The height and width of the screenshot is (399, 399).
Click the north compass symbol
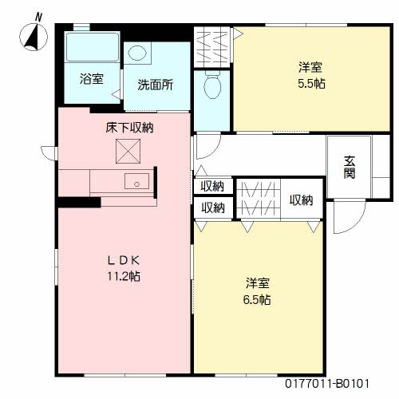[x=34, y=37]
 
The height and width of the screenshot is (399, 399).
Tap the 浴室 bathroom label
[x=92, y=79]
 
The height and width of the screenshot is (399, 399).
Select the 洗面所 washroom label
[x=156, y=85]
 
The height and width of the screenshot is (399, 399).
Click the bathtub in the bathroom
[x=93, y=47]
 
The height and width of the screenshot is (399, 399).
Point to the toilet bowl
[x=212, y=84]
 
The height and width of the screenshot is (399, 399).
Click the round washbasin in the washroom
[x=137, y=53]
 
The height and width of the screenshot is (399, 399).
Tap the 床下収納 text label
[x=129, y=128]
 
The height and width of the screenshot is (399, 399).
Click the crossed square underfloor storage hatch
[x=128, y=151]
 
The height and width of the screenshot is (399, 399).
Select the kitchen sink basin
[x=136, y=181]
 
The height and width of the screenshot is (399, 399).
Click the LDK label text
[x=124, y=260]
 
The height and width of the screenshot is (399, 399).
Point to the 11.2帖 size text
[x=124, y=276]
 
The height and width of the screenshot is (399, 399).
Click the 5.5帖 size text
[x=311, y=84]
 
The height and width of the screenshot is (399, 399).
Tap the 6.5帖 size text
[x=257, y=300]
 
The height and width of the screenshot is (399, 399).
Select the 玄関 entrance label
[x=350, y=167]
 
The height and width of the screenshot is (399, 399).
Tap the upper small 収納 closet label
[x=212, y=186]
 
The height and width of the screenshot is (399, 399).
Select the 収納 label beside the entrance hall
[x=301, y=199]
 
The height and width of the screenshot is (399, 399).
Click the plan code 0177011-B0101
[x=327, y=384]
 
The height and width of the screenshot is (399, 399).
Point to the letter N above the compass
[x=38, y=18]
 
